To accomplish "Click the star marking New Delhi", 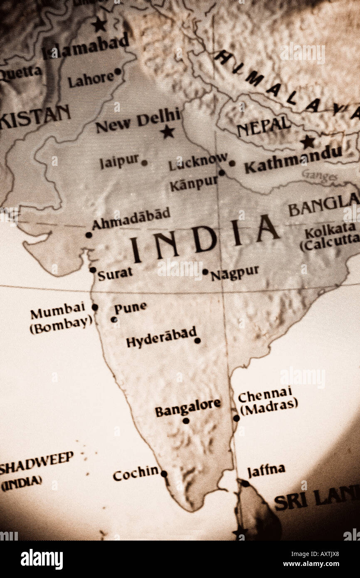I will (168, 132).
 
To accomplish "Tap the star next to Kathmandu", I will (308, 142).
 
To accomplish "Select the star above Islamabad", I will (99, 25).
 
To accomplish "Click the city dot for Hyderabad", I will (197, 341).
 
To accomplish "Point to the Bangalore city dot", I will (186, 421).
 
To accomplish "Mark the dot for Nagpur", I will (205, 272).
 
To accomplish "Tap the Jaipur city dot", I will (144, 163).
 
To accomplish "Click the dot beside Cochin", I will (164, 474).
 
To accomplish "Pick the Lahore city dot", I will (118, 72).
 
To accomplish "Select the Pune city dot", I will (113, 319).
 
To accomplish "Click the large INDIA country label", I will (204, 241).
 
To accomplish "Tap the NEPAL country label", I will (264, 126).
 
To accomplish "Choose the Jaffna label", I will (266, 470).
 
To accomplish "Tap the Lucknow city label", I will (198, 162).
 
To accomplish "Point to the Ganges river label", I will (319, 176).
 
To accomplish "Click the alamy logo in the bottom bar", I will (42, 559).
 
